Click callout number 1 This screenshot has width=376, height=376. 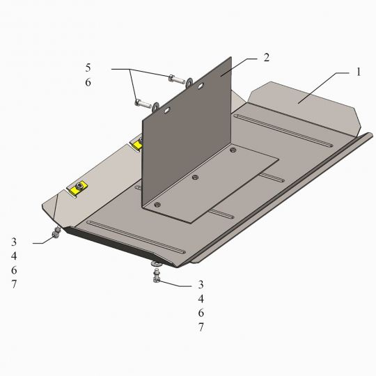coord(359,72)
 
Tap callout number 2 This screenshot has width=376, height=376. coord(267,58)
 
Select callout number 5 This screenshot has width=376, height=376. coord(88,68)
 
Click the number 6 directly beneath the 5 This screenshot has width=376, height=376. coord(88,82)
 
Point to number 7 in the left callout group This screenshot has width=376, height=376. coord(14,284)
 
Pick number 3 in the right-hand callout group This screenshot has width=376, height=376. coord(201,285)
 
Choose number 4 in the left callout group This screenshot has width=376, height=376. coord(14,256)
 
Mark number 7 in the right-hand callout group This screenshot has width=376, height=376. coord(201,327)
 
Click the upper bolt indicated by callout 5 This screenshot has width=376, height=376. coord(176,79)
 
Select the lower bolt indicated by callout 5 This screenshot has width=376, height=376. coord(143,104)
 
